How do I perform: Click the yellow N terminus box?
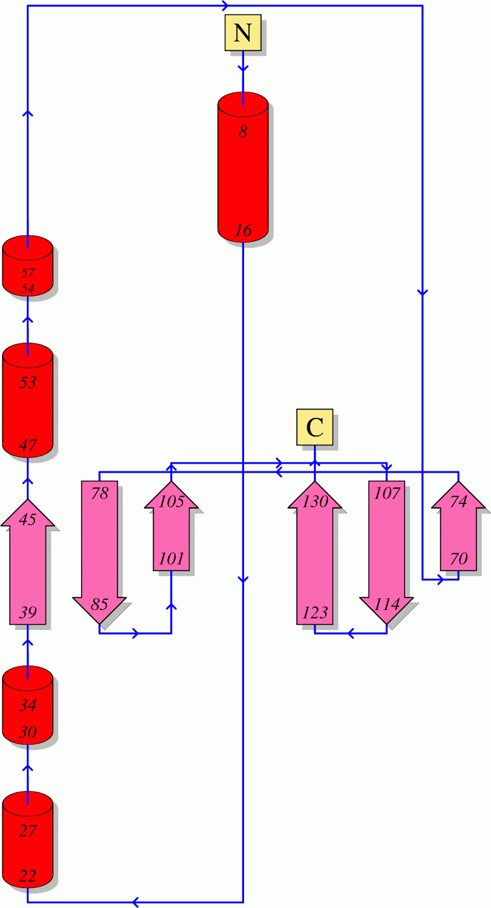tap(243, 33)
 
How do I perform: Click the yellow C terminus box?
tap(314, 427)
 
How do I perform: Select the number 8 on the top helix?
tap(243, 132)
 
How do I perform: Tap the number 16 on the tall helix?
tap(243, 230)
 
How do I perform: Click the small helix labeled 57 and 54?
tap(28, 267)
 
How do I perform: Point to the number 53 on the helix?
tap(28, 382)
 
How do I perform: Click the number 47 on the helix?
tap(28, 445)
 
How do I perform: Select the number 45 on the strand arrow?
tap(28, 519)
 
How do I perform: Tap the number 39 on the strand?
tap(28, 612)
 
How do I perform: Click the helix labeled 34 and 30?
tap(28, 705)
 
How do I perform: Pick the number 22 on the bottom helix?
tap(28, 876)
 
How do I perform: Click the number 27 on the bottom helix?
tap(28, 831)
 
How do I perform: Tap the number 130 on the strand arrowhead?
tap(315, 502)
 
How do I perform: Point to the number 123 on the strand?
tap(315, 612)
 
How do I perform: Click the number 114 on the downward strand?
tap(387, 604)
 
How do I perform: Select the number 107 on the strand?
tap(387, 493)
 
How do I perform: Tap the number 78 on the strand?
tap(99, 493)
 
